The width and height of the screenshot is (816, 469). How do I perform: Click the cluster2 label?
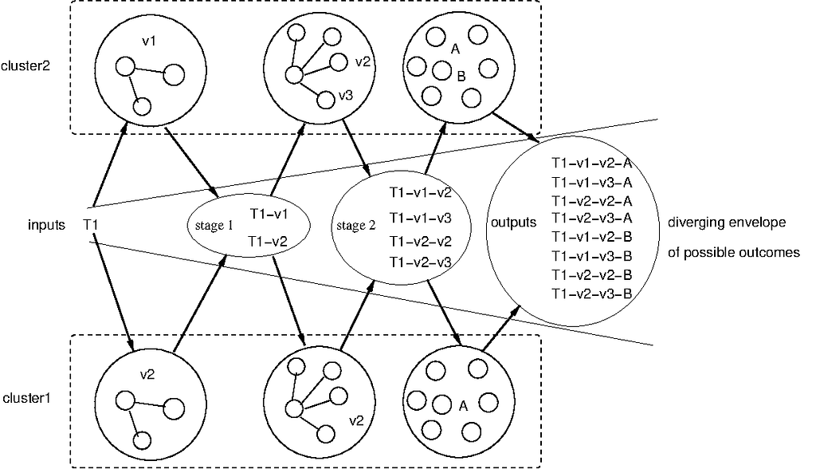[x=25, y=66]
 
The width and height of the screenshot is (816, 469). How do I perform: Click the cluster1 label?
[x=27, y=399]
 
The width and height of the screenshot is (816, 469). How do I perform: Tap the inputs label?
[x=47, y=225]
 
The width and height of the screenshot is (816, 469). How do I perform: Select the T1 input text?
[x=91, y=225]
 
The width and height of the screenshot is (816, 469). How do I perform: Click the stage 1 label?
[x=214, y=226]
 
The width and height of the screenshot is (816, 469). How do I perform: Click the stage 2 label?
[x=356, y=226]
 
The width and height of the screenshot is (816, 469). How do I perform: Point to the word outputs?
[x=514, y=223]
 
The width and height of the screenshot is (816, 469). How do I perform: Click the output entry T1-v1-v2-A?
[x=592, y=164]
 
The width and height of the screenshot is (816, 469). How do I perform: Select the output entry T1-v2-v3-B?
[x=592, y=294]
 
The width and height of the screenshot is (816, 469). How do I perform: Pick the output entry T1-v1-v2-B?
[x=592, y=237]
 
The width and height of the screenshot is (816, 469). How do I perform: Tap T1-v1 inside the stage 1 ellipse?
[x=269, y=214]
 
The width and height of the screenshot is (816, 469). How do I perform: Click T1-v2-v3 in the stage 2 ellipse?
[x=421, y=262]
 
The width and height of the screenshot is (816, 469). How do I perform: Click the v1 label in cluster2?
[x=149, y=41]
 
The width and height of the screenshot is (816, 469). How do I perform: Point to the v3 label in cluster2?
[x=346, y=96]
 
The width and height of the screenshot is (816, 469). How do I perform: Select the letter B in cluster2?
[x=461, y=77]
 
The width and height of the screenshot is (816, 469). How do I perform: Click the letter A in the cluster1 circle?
[x=463, y=406]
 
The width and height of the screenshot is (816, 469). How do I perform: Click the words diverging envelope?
[x=727, y=223]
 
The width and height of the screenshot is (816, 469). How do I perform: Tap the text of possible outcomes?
[x=734, y=253]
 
